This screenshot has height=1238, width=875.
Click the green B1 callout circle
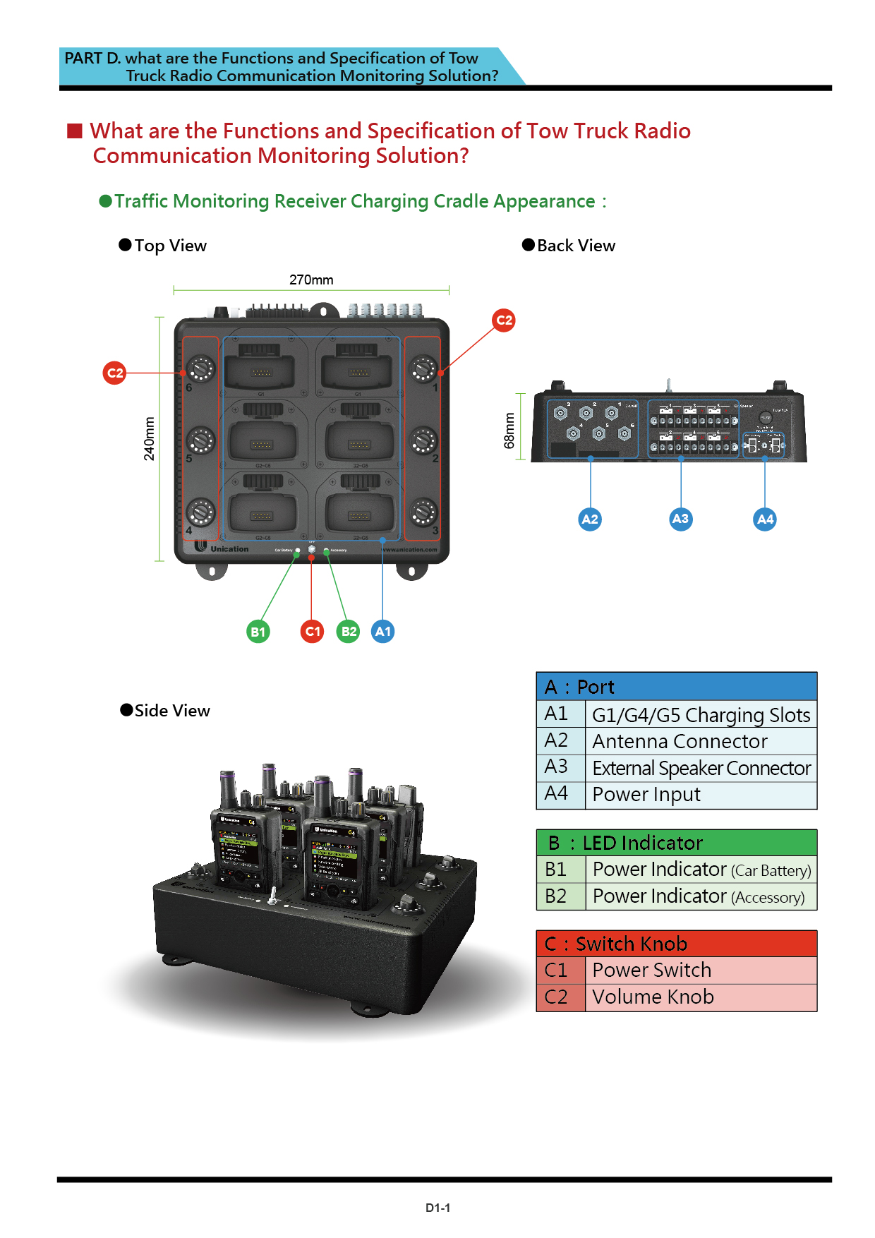[x=258, y=632]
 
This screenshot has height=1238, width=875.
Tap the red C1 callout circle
[x=313, y=631]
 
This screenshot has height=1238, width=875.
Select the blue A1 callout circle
[x=382, y=631]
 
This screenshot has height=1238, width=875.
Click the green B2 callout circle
[x=349, y=631]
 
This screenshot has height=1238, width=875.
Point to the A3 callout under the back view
[x=680, y=519]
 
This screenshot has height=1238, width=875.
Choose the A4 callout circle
[x=765, y=519]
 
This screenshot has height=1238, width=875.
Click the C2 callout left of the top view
[x=114, y=373]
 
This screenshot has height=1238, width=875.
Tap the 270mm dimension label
[x=311, y=280]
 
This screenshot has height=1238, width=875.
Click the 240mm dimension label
[x=149, y=438]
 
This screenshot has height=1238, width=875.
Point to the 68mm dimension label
[x=509, y=431]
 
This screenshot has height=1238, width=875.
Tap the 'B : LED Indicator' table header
[x=676, y=843]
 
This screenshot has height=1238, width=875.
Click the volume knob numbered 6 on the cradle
[x=200, y=368]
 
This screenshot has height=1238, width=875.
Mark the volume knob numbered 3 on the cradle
[x=423, y=512]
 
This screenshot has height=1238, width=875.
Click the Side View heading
[x=171, y=711]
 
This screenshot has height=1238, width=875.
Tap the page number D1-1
[x=437, y=1208]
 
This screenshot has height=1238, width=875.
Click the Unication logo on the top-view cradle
[x=222, y=548]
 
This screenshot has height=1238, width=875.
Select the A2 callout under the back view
[x=590, y=519]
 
